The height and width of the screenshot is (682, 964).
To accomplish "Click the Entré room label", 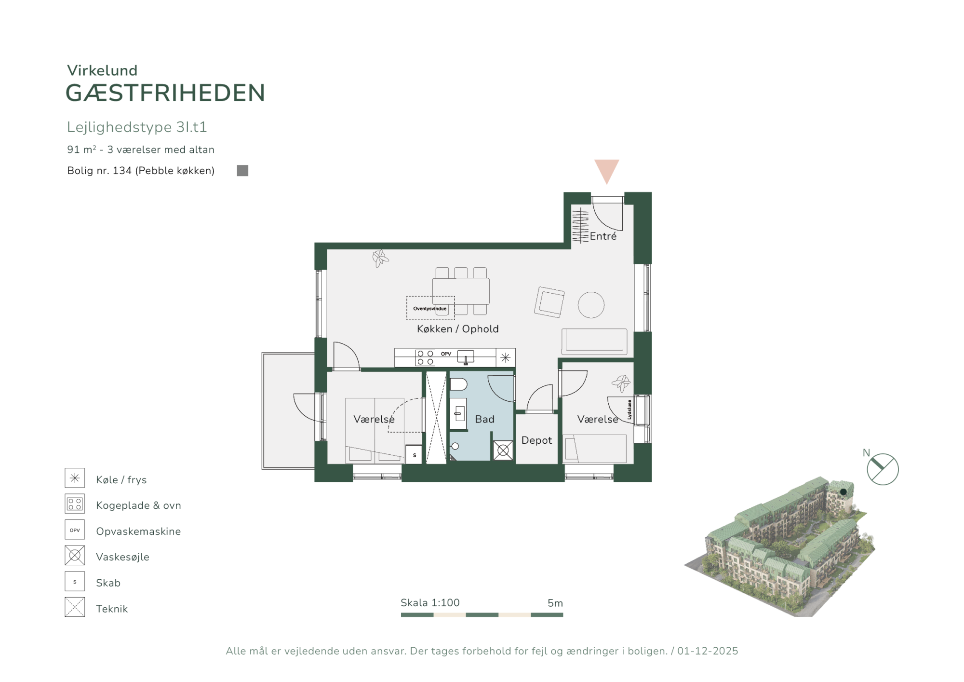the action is [603, 236].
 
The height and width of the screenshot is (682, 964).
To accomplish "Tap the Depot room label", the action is [536, 440].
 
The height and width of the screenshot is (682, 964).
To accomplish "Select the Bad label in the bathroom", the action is [484, 419].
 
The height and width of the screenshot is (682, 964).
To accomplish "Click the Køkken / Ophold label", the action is [457, 329].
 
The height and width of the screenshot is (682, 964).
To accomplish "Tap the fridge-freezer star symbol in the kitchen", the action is [505, 357].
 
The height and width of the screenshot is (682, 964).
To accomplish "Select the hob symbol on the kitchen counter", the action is [425, 358].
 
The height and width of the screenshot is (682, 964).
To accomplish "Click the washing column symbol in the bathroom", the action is [503, 450].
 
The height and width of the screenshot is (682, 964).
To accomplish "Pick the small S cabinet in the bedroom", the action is [414, 455].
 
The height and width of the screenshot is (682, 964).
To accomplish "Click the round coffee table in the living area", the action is [591, 305].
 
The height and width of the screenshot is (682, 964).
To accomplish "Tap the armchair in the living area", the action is [549, 302].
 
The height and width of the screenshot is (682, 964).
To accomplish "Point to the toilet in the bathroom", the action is [458, 384].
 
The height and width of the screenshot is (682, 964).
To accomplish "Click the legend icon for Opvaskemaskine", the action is [75, 530].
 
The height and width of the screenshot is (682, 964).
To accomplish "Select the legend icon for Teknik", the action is [75, 607].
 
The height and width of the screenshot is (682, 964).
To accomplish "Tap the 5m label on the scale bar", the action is [555, 603].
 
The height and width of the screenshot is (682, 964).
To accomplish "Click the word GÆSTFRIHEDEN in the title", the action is [165, 93].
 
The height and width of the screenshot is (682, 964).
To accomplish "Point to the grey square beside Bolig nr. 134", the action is [242, 171].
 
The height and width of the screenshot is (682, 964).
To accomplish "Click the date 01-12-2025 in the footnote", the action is [708, 651].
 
